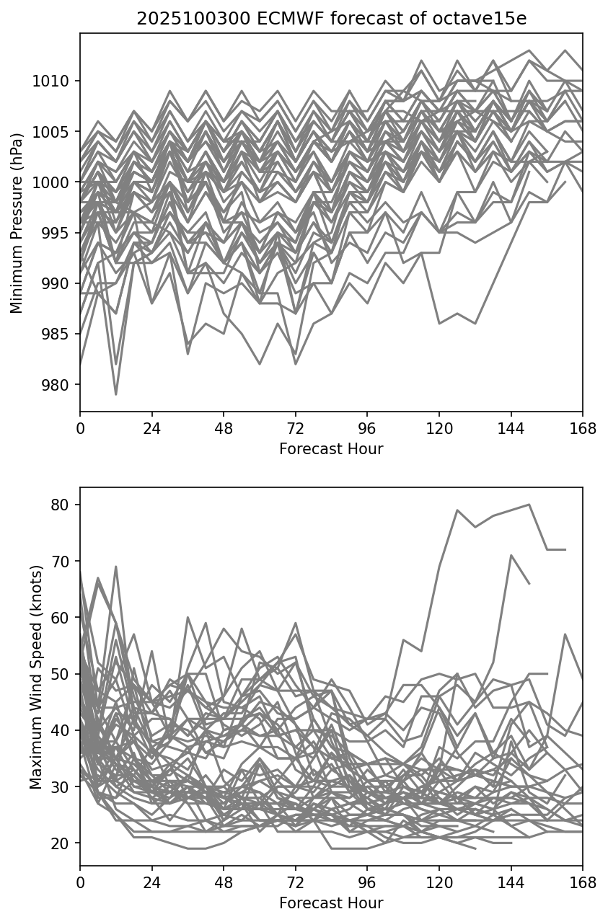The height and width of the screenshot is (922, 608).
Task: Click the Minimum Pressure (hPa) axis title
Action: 17,223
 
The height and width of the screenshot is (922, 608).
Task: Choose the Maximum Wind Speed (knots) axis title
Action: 36,676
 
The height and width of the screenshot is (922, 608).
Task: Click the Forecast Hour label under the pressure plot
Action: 331,449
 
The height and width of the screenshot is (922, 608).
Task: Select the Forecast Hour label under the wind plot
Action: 331,903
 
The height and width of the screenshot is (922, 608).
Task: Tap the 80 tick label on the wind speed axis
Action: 60,505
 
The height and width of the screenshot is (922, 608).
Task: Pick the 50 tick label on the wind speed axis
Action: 60,674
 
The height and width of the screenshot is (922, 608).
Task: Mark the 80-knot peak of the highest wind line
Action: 529,505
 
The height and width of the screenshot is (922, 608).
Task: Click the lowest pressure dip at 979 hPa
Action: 115,394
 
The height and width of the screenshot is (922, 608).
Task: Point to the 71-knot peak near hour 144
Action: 511,555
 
